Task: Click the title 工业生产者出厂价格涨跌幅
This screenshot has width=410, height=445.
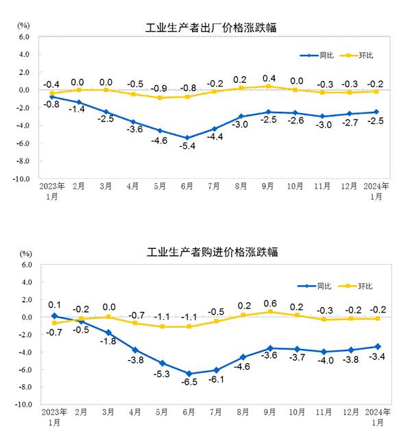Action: [216, 27]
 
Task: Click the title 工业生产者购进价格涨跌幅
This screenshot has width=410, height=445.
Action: [216, 252]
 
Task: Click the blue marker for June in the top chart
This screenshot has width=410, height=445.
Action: [186, 138]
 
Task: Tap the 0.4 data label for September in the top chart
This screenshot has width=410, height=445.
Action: [269, 77]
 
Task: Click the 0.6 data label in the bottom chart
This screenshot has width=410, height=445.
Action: [269, 304]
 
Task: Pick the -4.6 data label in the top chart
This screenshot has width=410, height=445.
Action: [160, 141]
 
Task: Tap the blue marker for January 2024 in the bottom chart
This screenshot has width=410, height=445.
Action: [377, 347]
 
